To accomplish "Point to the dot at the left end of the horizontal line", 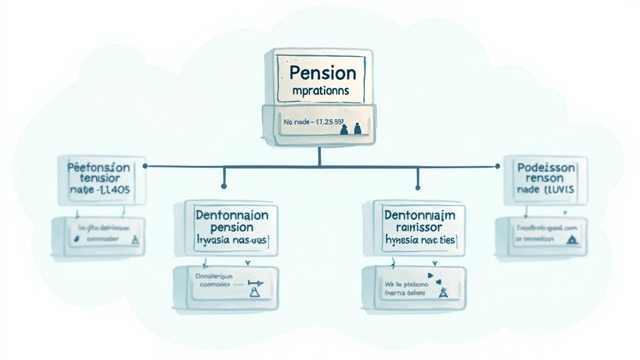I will point(145,166).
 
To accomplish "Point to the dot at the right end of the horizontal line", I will point(497,166).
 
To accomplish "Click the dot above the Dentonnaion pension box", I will point(223,186).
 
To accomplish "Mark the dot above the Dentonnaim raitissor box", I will point(417,186).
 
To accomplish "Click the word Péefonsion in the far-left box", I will point(98,167).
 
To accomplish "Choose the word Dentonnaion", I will point(232,214).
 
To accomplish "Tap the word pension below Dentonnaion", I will point(232,227).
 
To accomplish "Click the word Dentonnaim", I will point(419,215).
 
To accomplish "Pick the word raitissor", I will point(420,227).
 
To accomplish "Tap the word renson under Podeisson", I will point(545,178).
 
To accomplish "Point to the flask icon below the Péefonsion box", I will point(135,239).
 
